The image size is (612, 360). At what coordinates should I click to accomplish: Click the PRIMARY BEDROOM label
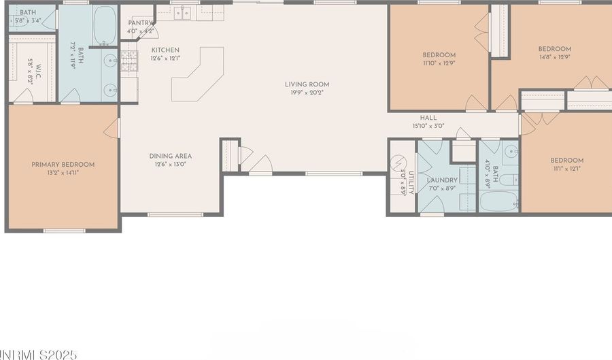coord(63,165)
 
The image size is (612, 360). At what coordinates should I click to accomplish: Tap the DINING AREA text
coord(171,156)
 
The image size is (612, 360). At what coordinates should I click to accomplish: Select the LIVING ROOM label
coord(311,85)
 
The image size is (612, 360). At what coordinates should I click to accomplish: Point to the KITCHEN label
coord(165,50)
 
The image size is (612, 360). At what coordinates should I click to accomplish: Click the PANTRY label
coord(141,23)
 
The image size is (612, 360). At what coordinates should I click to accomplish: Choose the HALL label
coord(428,118)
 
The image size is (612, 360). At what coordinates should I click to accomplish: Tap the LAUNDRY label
coord(442,180)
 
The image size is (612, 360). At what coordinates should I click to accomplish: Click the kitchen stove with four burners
coord(129,62)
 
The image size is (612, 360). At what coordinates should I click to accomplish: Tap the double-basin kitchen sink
coord(182,13)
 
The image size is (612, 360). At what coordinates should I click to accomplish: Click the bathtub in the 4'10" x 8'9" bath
coord(498,201)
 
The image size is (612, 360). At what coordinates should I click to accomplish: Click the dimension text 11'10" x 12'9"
coord(439,63)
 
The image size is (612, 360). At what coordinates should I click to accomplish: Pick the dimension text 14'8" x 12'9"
coord(554,57)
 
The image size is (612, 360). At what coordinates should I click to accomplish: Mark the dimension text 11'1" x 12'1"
coord(566,169)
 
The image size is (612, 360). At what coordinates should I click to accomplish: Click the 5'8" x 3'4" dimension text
coord(27,20)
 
